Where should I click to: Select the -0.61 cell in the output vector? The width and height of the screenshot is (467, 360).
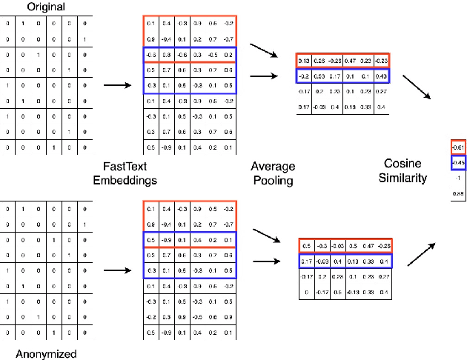(x=458, y=147)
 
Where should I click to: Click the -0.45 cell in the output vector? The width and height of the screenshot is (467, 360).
(x=458, y=162)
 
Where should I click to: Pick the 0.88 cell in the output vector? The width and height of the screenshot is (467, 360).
(x=458, y=193)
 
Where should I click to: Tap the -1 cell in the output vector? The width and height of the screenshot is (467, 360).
(x=458, y=178)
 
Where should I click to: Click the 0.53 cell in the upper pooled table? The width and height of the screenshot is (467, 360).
(x=320, y=76)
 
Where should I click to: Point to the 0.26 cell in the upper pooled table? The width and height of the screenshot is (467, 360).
(x=320, y=60)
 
